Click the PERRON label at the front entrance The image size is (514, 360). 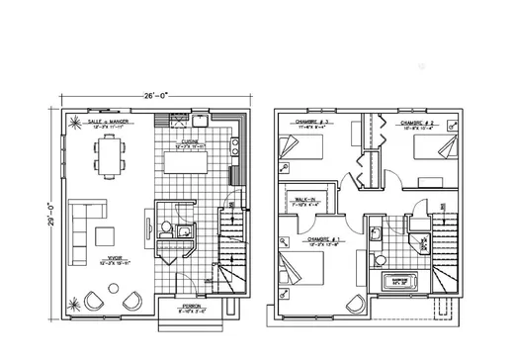[x=190, y=308]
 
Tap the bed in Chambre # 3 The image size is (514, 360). [x=300, y=149]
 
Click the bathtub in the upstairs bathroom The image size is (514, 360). [x=405, y=281]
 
